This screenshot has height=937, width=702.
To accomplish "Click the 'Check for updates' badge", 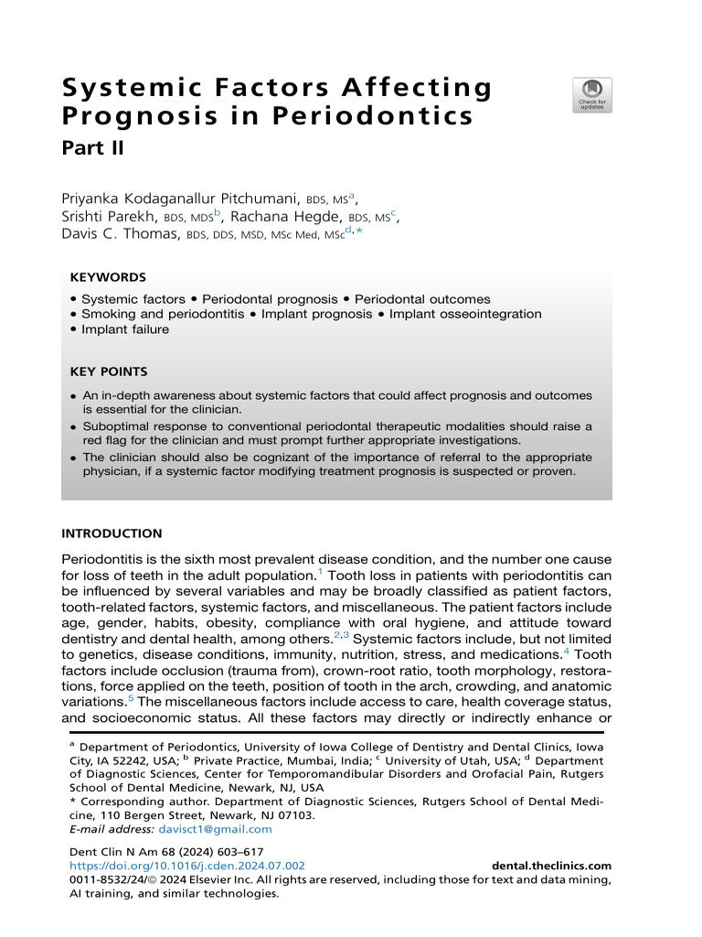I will pyautogui.click(x=592, y=95).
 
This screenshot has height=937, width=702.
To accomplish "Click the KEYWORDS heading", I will pyautogui.click(x=108, y=277).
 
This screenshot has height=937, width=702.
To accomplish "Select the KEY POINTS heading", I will pyautogui.click(x=109, y=372).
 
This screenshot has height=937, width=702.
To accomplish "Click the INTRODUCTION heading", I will pyautogui.click(x=112, y=533).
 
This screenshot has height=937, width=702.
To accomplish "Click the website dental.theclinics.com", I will pyautogui.click(x=551, y=865).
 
